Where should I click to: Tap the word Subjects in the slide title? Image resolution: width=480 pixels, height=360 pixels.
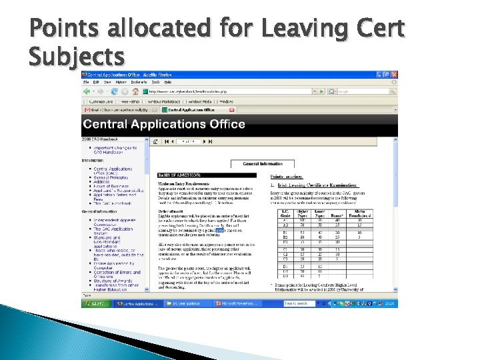[77, 56]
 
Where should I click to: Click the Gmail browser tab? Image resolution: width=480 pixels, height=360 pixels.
[120, 109]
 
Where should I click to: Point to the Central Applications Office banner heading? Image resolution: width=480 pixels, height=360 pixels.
[164, 124]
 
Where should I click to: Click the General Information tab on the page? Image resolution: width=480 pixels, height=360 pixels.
[262, 163]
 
